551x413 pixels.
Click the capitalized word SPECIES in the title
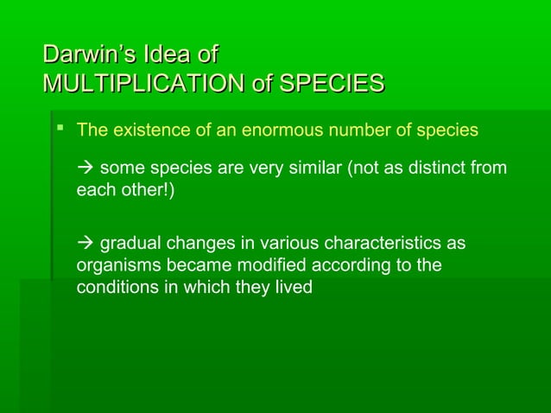[332, 84]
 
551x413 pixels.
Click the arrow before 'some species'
[85, 168]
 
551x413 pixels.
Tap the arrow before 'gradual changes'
[85, 244]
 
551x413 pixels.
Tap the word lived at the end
[293, 287]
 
